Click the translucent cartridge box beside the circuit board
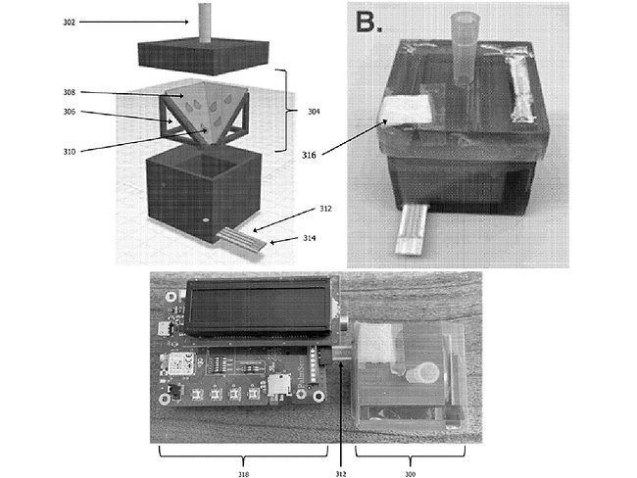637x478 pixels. pyautogui.click(x=406, y=372)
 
